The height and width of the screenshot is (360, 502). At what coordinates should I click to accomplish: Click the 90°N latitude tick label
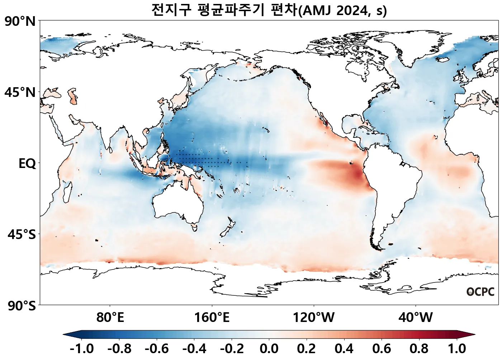[x=20, y=22]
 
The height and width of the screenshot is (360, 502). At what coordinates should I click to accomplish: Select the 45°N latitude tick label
[x=20, y=92]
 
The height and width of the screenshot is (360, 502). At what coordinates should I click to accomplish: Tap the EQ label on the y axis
[x=27, y=164]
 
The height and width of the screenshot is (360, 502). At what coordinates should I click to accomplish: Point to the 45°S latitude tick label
[x=22, y=235]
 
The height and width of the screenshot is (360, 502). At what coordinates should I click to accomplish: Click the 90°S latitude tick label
[x=22, y=306]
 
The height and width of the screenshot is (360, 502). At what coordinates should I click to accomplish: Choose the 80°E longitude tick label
[x=110, y=318]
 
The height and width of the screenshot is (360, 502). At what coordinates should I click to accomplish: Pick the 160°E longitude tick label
[x=212, y=318]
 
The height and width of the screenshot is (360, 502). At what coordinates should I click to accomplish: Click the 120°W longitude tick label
[x=314, y=318]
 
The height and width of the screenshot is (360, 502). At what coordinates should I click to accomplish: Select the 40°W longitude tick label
[x=416, y=318]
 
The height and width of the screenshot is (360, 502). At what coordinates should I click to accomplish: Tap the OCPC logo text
[x=480, y=292]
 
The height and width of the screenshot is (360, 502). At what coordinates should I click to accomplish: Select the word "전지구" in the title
[x=171, y=10]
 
